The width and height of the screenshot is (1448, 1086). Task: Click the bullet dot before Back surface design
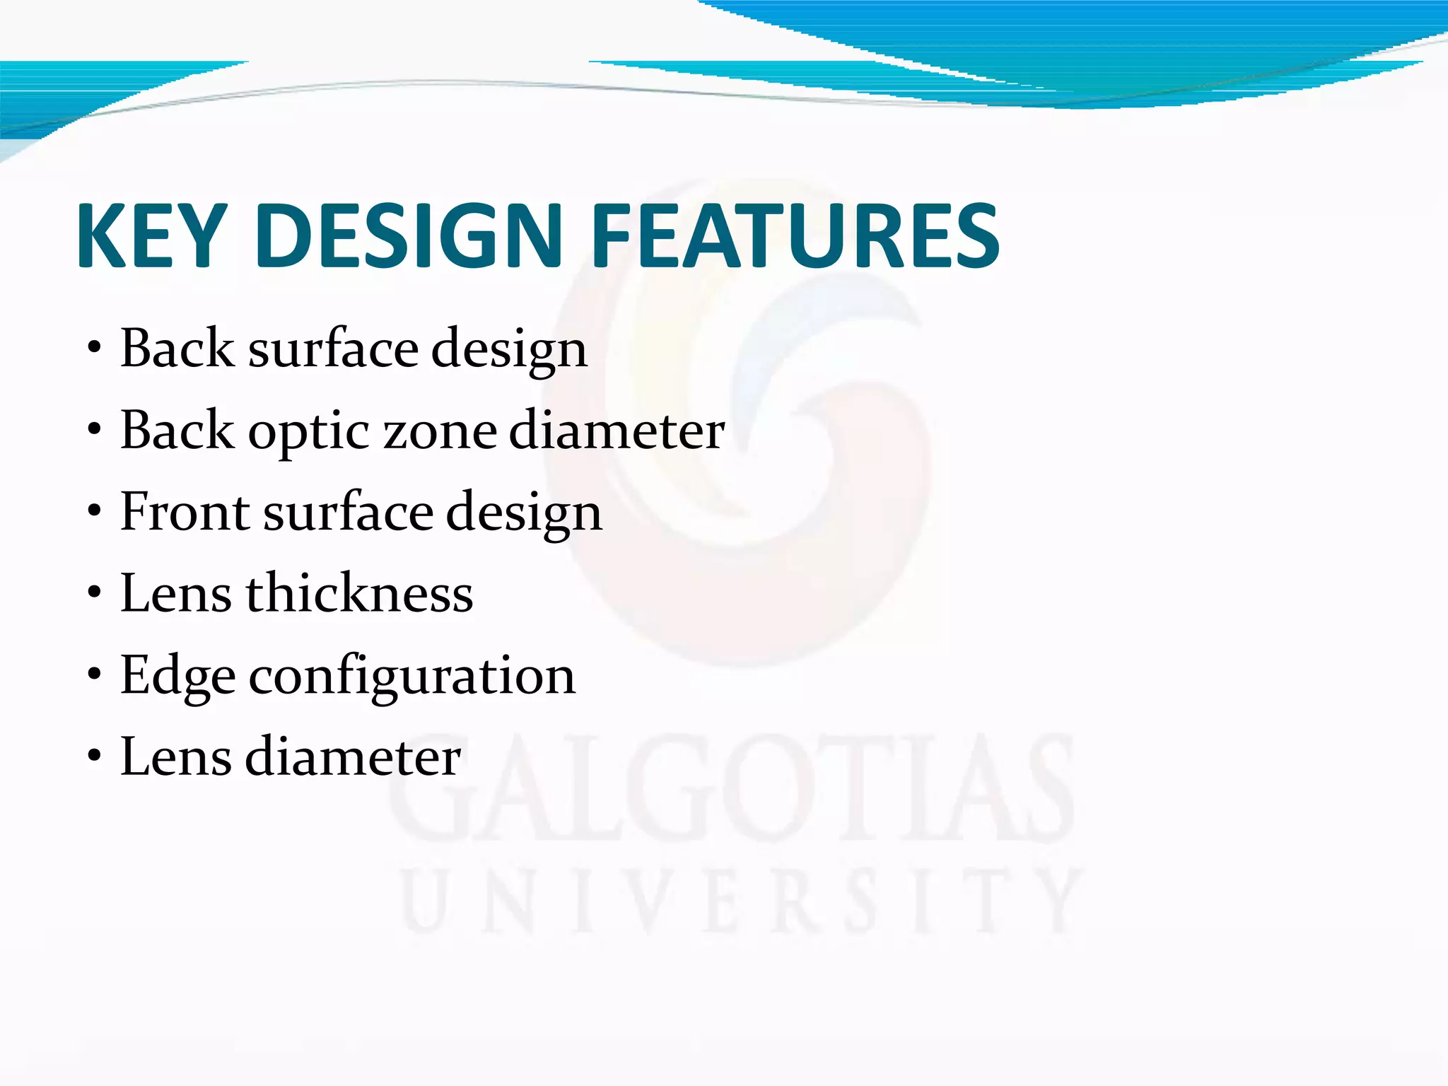(x=94, y=349)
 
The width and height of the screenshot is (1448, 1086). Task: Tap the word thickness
(x=359, y=593)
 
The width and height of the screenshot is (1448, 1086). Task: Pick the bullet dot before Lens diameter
(x=94, y=757)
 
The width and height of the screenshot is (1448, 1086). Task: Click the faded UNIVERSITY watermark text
(x=742, y=901)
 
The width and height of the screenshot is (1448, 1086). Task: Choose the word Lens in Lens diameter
(x=176, y=757)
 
